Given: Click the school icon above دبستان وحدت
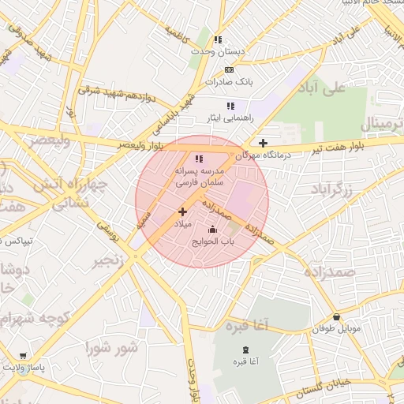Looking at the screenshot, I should click(x=218, y=39).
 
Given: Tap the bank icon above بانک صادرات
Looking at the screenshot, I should click(x=230, y=69).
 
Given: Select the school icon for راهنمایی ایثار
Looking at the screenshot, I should click(x=230, y=106).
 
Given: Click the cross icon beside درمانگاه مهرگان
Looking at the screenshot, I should click(x=263, y=143).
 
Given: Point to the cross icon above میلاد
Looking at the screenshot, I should click(x=183, y=211).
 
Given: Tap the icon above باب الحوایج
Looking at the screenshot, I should click(x=211, y=230).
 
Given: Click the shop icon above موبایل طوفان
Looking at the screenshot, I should click(x=337, y=316).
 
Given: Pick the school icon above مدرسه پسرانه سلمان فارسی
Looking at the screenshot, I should click(x=199, y=159).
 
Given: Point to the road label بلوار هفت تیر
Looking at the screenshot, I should click(x=335, y=147).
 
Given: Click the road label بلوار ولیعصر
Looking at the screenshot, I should click(x=141, y=145).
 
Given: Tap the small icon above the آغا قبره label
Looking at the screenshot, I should click(x=245, y=350).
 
